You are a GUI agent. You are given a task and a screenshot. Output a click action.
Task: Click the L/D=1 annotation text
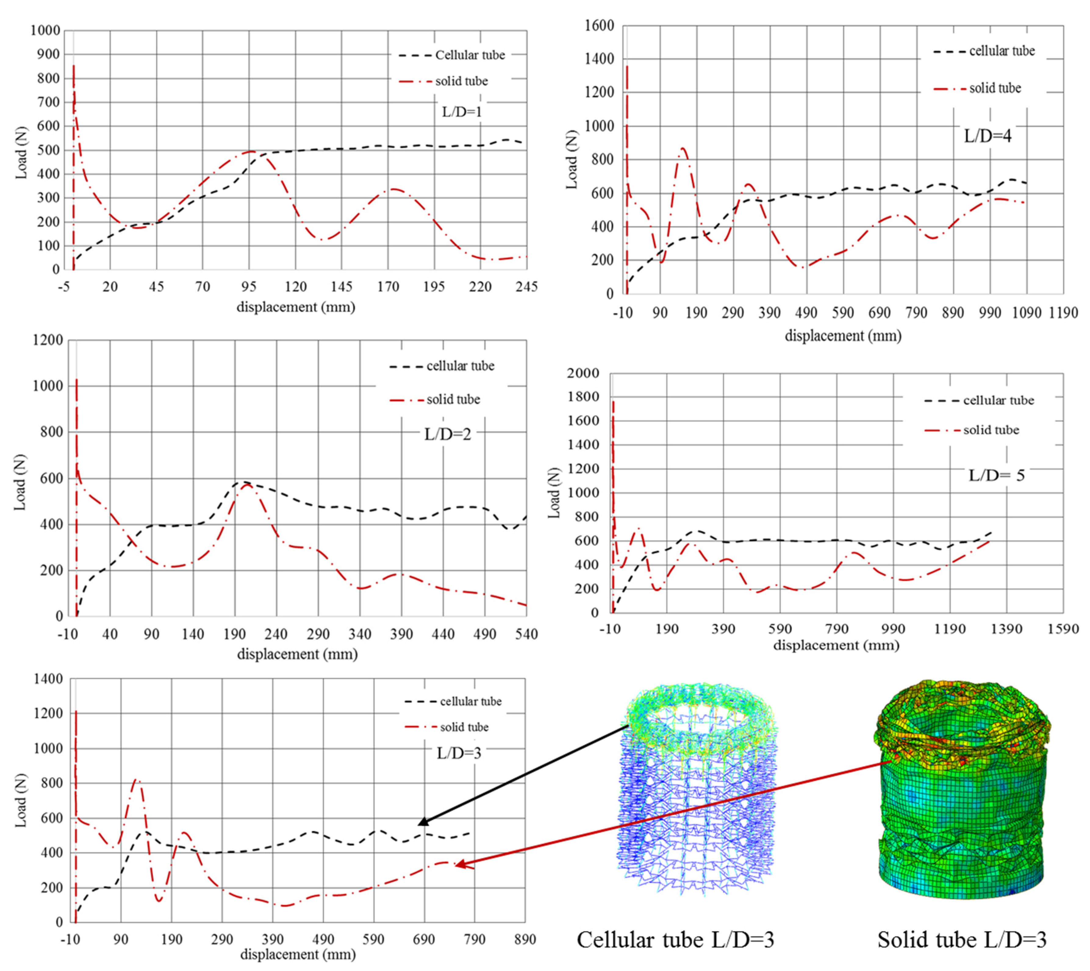point(462,112)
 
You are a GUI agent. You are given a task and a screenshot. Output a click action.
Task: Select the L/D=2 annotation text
point(447,434)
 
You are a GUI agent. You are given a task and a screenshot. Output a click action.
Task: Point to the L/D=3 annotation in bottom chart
point(459,753)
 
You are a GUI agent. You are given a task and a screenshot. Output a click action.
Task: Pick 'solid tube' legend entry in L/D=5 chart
point(991,430)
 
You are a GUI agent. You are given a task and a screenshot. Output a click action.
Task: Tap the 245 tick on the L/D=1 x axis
point(526,287)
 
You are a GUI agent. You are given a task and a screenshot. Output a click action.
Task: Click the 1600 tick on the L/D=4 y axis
point(600,26)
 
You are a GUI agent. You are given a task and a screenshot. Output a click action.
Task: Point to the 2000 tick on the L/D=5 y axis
point(583,373)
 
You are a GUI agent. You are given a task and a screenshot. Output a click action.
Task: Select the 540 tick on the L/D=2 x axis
point(526,634)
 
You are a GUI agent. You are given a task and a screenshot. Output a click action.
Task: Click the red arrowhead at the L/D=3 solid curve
point(459,864)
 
